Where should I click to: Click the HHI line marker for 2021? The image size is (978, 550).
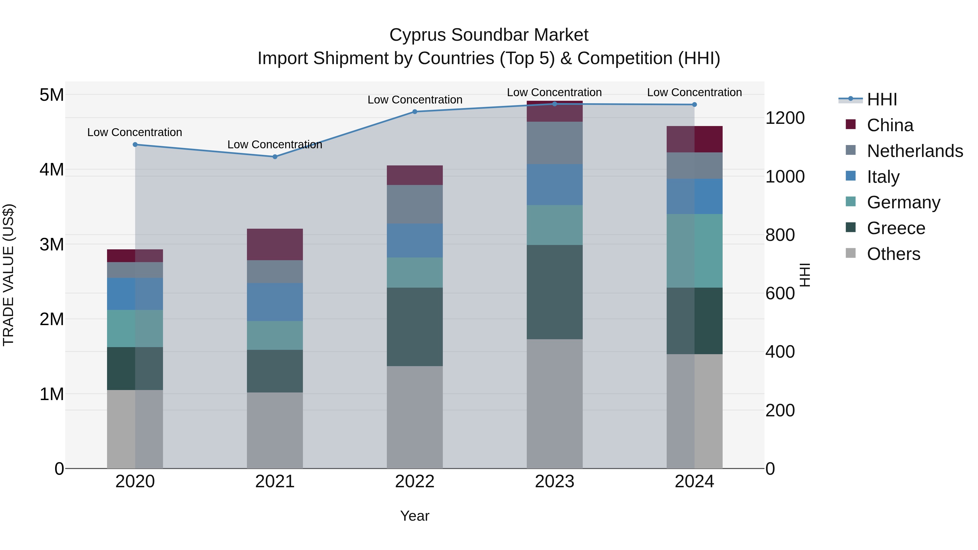click(275, 157)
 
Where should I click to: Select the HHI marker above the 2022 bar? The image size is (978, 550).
click(415, 112)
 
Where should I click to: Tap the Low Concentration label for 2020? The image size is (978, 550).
click(134, 132)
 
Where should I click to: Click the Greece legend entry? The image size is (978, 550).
click(896, 228)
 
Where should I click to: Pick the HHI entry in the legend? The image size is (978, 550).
click(882, 99)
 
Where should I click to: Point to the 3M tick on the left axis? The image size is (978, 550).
click(52, 244)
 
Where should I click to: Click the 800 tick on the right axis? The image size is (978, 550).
click(780, 235)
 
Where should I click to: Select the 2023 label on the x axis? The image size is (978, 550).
click(554, 482)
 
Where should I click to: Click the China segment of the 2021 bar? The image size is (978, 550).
click(275, 244)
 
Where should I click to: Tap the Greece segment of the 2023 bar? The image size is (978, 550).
click(554, 292)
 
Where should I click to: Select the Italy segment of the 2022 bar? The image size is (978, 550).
click(415, 240)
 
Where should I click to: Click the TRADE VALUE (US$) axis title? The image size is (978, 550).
click(8, 275)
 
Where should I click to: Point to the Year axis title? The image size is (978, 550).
click(415, 516)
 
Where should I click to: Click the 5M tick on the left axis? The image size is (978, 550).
click(52, 95)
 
